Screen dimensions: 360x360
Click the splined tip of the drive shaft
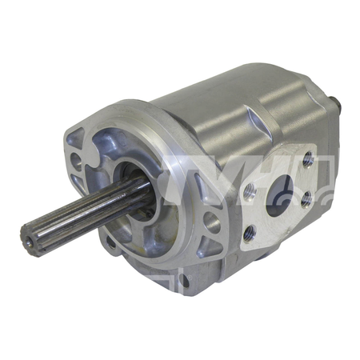tap(31, 234)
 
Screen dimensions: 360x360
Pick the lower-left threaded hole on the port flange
tap(250, 232)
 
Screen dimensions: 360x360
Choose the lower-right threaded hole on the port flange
tap(307, 202)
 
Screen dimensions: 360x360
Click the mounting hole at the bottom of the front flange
tap(186, 280)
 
